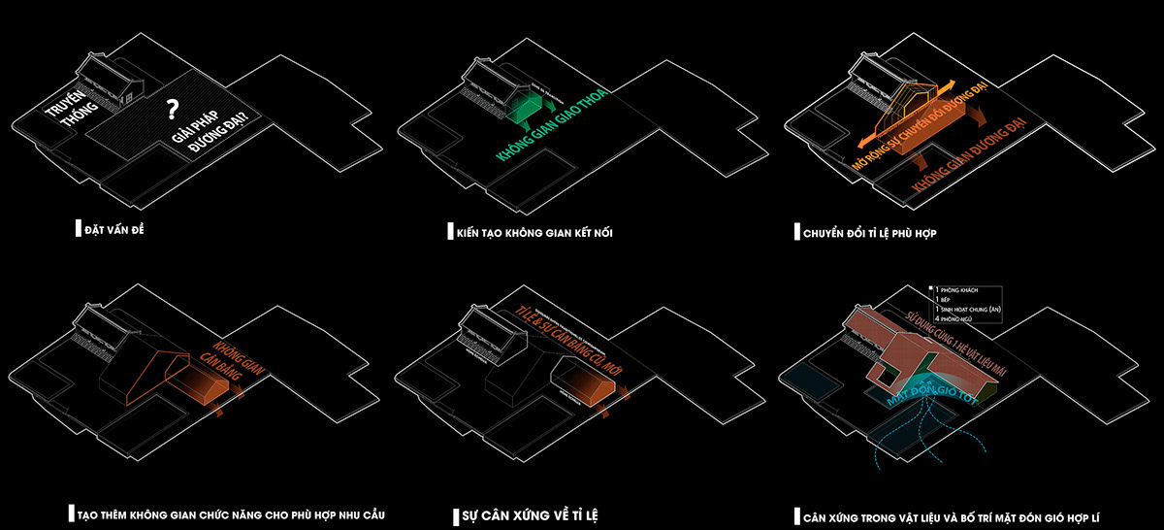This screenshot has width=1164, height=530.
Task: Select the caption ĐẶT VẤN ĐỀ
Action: pos(119,231)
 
